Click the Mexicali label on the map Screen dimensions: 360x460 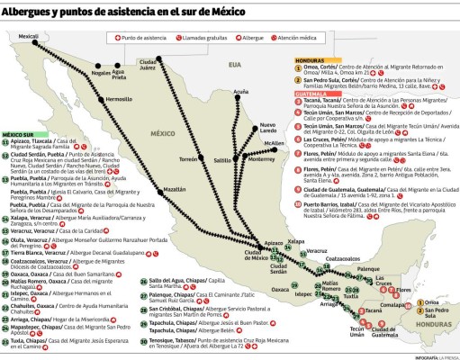coord(29,37)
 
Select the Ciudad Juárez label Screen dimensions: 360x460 coord(149,64)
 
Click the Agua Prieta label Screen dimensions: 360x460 coord(119,75)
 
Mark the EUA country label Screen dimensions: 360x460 coord(235,66)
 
